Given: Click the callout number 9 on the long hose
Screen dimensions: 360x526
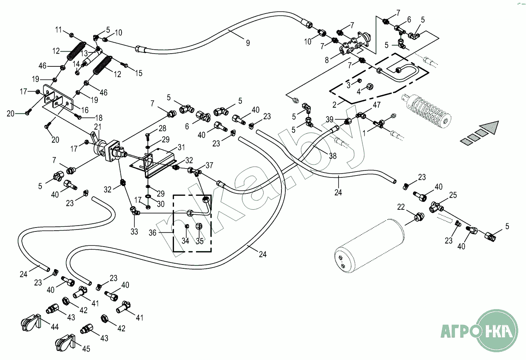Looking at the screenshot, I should click(x=248, y=43).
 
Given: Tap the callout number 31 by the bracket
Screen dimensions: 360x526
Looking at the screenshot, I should click(x=181, y=147).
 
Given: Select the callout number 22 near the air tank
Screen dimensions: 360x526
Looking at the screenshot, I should click(x=401, y=207).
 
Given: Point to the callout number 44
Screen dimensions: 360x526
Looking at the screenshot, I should click(x=55, y=327).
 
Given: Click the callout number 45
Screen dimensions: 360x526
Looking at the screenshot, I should click(x=86, y=349).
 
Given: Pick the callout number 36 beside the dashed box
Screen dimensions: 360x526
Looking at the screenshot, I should click(x=153, y=233).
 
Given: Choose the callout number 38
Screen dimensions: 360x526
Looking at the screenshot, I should click(x=333, y=156).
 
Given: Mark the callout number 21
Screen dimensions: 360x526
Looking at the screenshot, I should click(x=97, y=127).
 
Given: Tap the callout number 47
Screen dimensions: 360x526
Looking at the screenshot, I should click(x=377, y=105).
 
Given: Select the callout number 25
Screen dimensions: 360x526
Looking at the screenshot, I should click(x=453, y=195).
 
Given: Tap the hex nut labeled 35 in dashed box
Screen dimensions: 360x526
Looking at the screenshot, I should click(x=198, y=226).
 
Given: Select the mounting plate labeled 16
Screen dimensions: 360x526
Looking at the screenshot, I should click(x=58, y=100).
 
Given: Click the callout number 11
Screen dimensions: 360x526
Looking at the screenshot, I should click(x=59, y=30).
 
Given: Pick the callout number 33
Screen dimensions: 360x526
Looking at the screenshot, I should click(x=134, y=232).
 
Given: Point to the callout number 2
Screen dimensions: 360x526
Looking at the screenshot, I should click(x=334, y=105).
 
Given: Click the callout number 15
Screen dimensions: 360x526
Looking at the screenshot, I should click(x=139, y=73).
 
